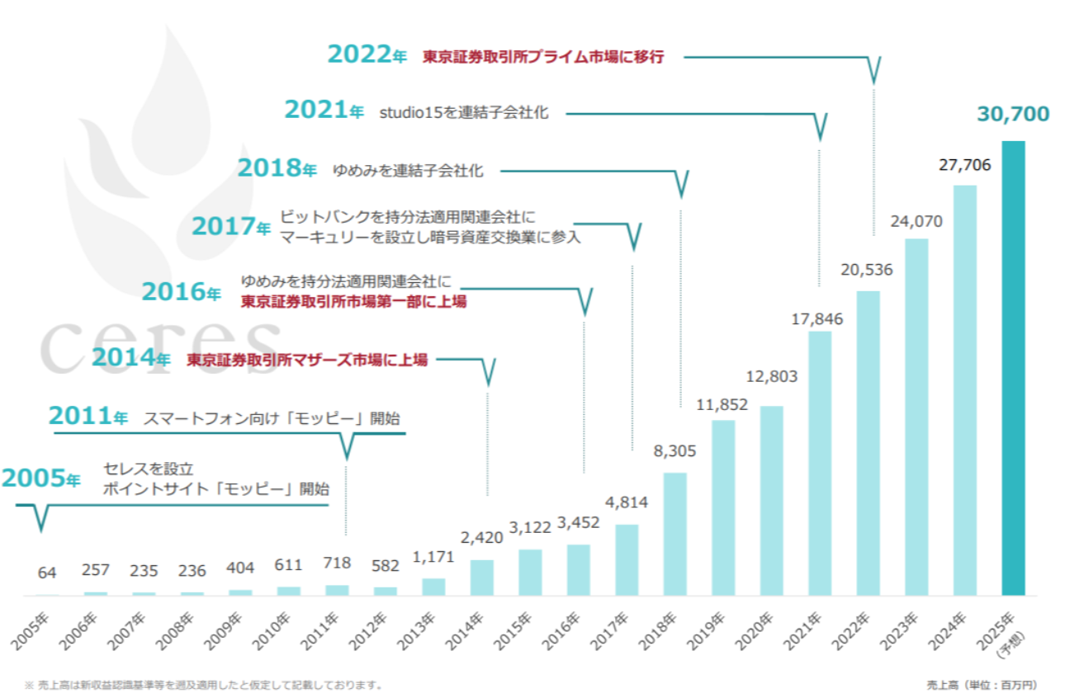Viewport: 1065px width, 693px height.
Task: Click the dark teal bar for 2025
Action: point(1013,368)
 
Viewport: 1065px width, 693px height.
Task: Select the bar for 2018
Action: point(675,534)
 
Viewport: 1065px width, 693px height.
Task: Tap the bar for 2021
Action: point(820,463)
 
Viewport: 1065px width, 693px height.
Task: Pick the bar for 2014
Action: point(482,577)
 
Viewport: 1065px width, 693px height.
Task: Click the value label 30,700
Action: point(1012,114)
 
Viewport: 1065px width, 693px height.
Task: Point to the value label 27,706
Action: point(964,166)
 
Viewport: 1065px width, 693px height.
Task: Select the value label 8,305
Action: point(674,452)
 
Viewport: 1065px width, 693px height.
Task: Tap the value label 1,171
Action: point(433,558)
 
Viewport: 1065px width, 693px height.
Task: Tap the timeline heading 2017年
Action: point(230,225)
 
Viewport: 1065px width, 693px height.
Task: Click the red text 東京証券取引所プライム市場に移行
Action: point(543,57)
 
